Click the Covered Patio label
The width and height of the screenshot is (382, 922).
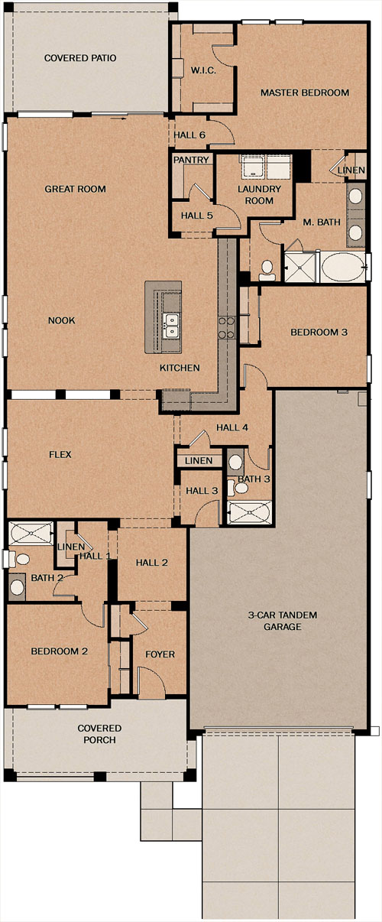pyautogui.click(x=80, y=58)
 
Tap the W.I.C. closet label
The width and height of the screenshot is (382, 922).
pyautogui.click(x=203, y=70)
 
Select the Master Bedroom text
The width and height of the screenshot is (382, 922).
pyautogui.click(x=305, y=93)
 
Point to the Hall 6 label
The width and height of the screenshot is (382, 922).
pyautogui.click(x=189, y=135)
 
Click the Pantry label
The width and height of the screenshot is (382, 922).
pyautogui.click(x=191, y=160)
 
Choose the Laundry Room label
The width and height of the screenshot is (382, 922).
pyautogui.click(x=259, y=195)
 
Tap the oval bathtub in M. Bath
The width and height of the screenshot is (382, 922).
pyautogui.click(x=343, y=267)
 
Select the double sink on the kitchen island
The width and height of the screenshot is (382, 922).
pyautogui.click(x=171, y=326)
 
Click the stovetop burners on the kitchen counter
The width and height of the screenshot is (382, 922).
pyautogui.click(x=227, y=327)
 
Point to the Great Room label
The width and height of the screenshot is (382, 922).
pyautogui.click(x=75, y=189)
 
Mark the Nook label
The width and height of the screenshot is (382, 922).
pyautogui.click(x=62, y=320)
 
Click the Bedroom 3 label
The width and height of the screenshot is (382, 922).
pyautogui.click(x=319, y=332)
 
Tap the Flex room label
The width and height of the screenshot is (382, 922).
pyautogui.click(x=60, y=454)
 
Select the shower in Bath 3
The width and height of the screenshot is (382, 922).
pyautogui.click(x=249, y=512)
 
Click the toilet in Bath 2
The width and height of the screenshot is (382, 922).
pyautogui.click(x=19, y=559)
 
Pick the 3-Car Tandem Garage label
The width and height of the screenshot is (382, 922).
pyautogui.click(x=283, y=621)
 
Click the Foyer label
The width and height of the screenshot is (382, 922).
pyautogui.click(x=160, y=654)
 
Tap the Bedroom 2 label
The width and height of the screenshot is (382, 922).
pyautogui.click(x=60, y=651)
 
